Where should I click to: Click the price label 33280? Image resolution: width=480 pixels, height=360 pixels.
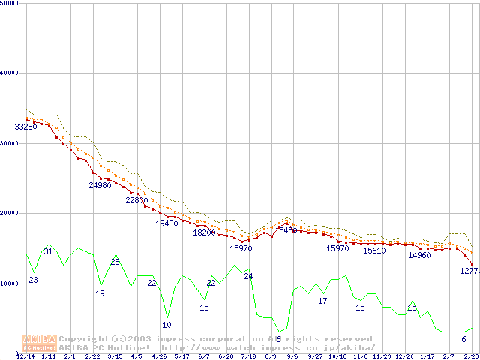(x=26, y=127)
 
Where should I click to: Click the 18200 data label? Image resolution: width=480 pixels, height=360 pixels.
(x=204, y=232)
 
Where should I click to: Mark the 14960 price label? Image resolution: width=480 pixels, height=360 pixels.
(x=419, y=256)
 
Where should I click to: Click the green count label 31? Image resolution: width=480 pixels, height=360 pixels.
(x=48, y=252)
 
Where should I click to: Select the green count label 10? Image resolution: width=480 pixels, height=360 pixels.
(x=166, y=325)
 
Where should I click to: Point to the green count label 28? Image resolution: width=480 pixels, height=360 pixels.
(x=115, y=262)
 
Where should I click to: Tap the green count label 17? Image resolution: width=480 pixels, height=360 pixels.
(x=322, y=301)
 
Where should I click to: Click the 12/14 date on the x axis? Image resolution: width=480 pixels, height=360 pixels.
(x=25, y=356)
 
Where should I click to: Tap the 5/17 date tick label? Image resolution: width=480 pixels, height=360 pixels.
(x=181, y=356)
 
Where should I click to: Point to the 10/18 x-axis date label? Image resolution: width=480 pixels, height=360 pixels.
(x=337, y=356)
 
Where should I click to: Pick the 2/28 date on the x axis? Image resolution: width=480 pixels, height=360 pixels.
(x=471, y=356)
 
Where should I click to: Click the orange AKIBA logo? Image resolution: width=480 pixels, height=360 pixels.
(x=40, y=343)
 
